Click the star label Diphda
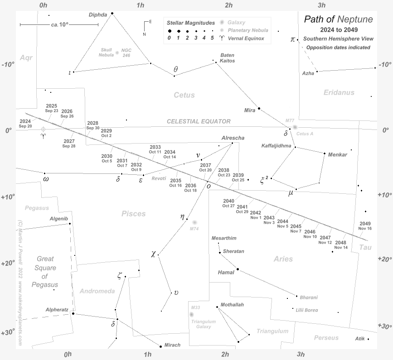click(x=98, y=14)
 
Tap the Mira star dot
click(x=259, y=108)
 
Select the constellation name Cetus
click(x=184, y=95)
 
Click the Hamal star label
click(x=226, y=273)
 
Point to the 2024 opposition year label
click(x=25, y=121)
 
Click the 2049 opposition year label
click(x=365, y=223)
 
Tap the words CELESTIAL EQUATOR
click(x=199, y=121)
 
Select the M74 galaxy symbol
click(x=194, y=222)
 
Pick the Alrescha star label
click(x=233, y=138)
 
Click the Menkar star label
click(x=338, y=154)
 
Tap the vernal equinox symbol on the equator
click(x=43, y=130)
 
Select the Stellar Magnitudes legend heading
click(x=191, y=22)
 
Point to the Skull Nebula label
click(x=107, y=52)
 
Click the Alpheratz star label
click(x=57, y=310)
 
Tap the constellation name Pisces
click(x=134, y=214)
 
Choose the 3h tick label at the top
click(x=322, y=5)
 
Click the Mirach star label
click(x=172, y=345)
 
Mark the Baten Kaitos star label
click(x=228, y=58)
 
